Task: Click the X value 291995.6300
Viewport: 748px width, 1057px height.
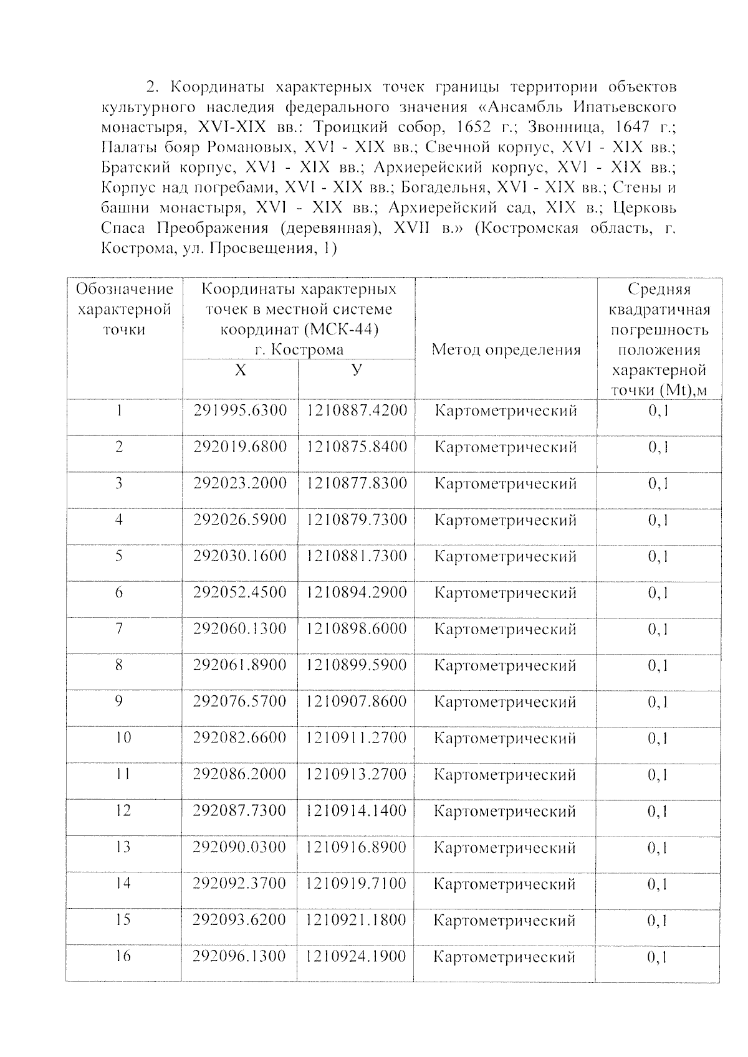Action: (240, 411)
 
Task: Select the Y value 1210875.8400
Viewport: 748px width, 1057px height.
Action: (357, 447)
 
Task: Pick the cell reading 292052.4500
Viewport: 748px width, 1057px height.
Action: (240, 592)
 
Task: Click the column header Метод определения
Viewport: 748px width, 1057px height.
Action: (506, 350)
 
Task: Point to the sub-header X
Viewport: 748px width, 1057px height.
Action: (240, 371)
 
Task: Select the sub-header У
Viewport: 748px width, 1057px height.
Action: (356, 370)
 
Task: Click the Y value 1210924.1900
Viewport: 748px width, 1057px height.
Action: (357, 956)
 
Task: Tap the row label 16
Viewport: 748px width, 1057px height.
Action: (123, 956)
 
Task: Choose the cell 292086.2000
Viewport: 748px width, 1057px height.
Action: (240, 774)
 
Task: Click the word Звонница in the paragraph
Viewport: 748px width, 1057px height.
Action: (560, 127)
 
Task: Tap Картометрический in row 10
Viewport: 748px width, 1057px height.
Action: (505, 739)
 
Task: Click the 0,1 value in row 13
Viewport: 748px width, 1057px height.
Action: (658, 848)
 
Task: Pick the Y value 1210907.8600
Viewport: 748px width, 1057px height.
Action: (357, 702)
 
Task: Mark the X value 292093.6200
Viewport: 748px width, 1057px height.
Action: (240, 920)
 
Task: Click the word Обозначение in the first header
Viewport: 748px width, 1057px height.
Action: (124, 289)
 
